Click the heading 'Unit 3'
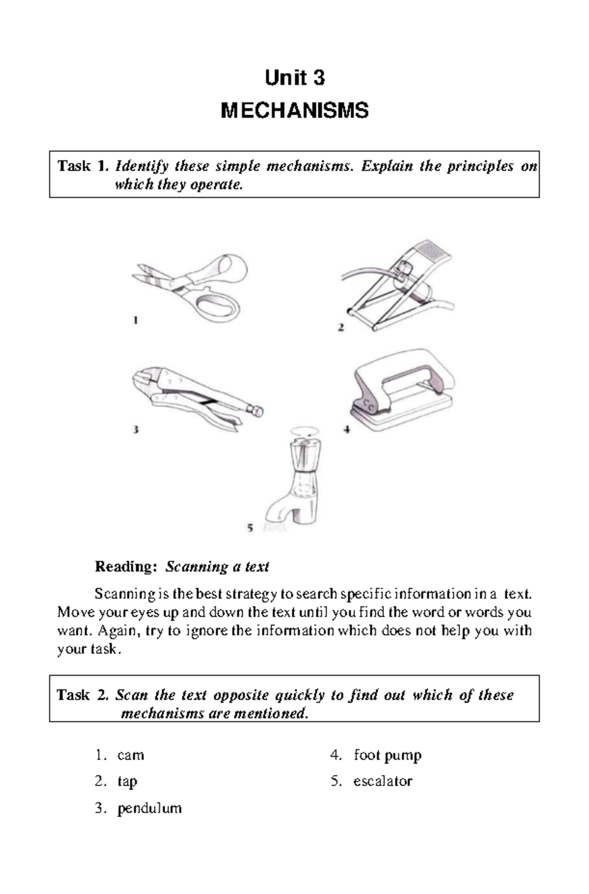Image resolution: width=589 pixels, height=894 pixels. (294, 78)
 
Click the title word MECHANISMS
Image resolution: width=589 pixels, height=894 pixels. (294, 111)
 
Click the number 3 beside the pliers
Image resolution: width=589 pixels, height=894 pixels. (136, 430)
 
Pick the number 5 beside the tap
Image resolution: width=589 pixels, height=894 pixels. (250, 528)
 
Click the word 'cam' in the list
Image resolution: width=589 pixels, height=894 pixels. (130, 755)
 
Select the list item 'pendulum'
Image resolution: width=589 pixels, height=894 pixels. (149, 808)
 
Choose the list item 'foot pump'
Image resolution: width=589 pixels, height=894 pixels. (387, 755)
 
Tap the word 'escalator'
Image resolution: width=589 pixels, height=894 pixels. (383, 781)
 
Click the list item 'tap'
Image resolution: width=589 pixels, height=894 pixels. (127, 781)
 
